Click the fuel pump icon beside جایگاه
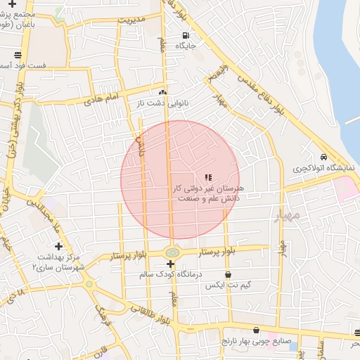coord(185,35)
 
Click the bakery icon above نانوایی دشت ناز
coord(163,91)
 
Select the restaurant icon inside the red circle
coord(207,177)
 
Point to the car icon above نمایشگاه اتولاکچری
coord(323,157)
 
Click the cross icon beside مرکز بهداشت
coord(58,247)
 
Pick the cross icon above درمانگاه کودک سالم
coord(170,263)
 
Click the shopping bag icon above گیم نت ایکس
coord(227,275)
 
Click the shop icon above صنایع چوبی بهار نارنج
coord(255,329)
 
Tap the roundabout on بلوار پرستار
coord(171,252)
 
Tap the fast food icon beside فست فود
coord(17,54)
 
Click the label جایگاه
coord(184,46)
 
